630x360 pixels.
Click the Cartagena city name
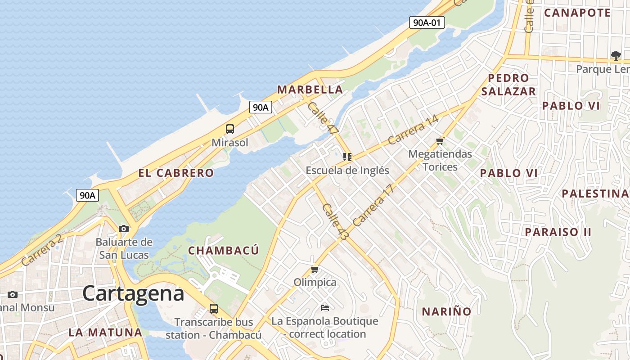coord(133,294)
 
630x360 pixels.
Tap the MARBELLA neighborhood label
coord(310,90)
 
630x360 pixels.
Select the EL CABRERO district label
coord(176,173)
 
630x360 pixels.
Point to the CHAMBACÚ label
coord(224,251)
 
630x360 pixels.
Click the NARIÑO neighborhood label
coord(446,311)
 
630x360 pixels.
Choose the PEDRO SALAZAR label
coord(508,85)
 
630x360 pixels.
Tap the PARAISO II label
coord(558,232)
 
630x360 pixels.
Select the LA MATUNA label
coord(105,333)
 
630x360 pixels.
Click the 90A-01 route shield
coord(427,22)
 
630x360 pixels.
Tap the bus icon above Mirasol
coord(230,129)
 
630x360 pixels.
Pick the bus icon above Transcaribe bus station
coord(214,309)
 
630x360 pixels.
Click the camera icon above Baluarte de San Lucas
coord(124,229)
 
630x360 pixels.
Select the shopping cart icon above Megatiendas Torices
coord(440,141)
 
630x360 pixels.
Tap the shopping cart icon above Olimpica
coord(315,269)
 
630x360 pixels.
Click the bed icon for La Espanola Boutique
coord(325,308)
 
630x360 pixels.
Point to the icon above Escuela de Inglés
coord(347,157)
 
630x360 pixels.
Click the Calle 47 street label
coord(323,118)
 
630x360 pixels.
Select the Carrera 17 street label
coord(373,205)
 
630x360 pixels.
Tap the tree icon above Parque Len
coord(616,55)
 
